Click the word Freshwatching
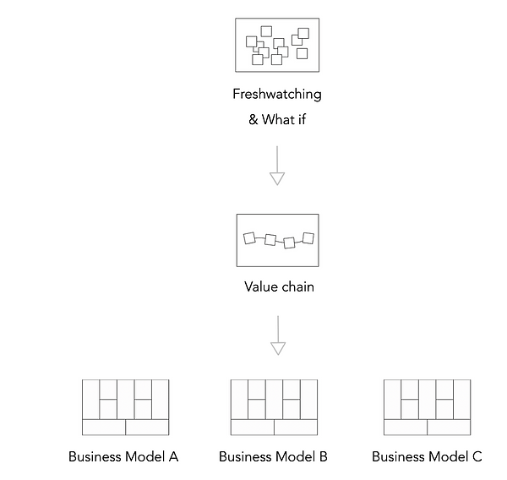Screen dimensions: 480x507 pyautogui.click(x=277, y=95)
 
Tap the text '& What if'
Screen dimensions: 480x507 pyautogui.click(x=277, y=119)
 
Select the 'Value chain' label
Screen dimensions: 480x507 pyautogui.click(x=279, y=287)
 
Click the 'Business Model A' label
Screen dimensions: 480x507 pyautogui.click(x=123, y=457)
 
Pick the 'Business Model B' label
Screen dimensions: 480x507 pyautogui.click(x=273, y=457)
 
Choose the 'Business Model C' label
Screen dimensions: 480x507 pyautogui.click(x=427, y=457)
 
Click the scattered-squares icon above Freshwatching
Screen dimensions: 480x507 pyautogui.click(x=277, y=46)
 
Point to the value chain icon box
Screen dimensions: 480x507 pyautogui.click(x=277, y=240)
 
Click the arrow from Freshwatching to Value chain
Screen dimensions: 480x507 pyautogui.click(x=277, y=166)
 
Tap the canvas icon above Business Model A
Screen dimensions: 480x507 pyautogui.click(x=125, y=407)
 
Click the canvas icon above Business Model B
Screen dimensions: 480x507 pyautogui.click(x=274, y=407)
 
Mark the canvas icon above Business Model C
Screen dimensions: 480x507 pyautogui.click(x=427, y=407)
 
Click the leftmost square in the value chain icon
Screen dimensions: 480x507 pyautogui.click(x=249, y=238)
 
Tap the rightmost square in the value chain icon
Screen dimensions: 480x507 pyautogui.click(x=308, y=237)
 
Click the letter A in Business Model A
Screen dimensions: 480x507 pyautogui.click(x=173, y=457)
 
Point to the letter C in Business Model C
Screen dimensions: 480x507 pyautogui.click(x=477, y=457)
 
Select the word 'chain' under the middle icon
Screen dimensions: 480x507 pyautogui.click(x=297, y=287)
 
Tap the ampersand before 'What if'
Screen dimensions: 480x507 pyautogui.click(x=253, y=120)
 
